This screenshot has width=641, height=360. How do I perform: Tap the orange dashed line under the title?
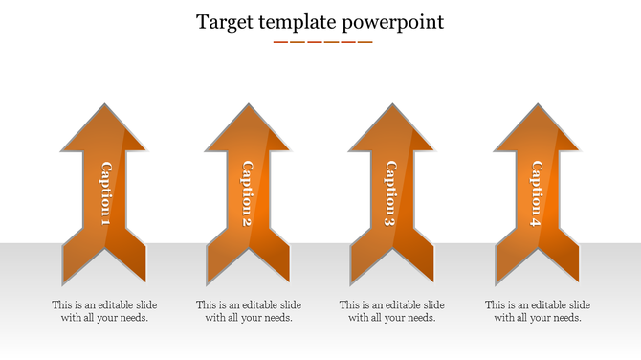coord(322,42)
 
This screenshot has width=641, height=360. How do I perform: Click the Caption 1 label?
coord(105,194)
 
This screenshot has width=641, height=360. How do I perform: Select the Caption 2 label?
coord(247,194)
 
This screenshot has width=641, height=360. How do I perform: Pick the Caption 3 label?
coord(390,194)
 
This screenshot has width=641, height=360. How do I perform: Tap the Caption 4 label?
coord(536,194)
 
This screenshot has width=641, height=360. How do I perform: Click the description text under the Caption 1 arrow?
coord(104,311)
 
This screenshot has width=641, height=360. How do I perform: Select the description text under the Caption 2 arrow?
coord(249,311)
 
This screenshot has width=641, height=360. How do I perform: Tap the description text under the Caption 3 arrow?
coord(392,311)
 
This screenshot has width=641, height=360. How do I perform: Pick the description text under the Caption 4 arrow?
coord(537,311)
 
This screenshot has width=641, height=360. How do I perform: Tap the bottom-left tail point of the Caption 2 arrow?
coord(208,281)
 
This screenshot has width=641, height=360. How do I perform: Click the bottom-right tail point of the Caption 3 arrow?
coord(431,281)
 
